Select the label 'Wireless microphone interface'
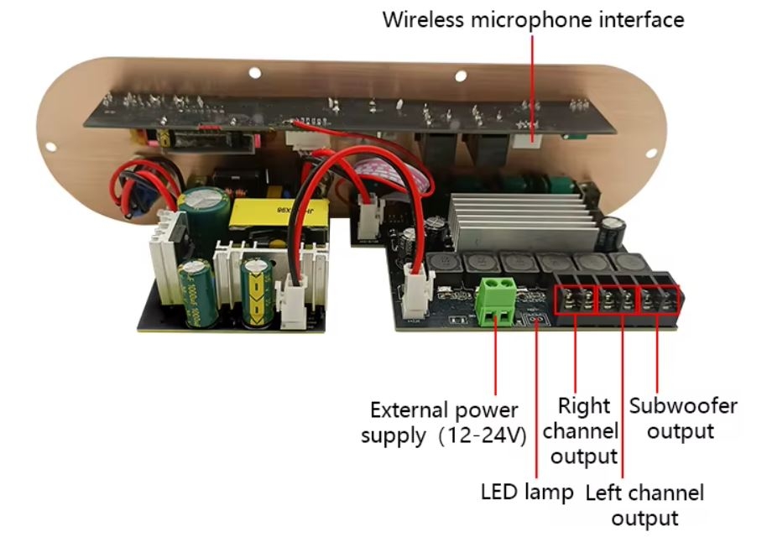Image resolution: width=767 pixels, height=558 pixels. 533,19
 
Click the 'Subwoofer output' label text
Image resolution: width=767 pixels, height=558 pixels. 683,419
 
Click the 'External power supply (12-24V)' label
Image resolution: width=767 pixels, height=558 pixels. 444,423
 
